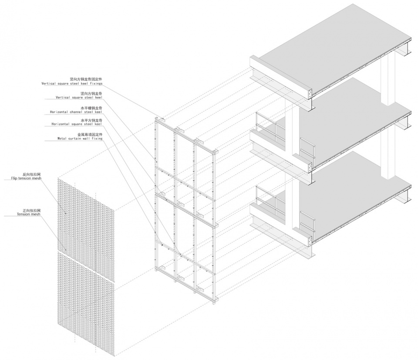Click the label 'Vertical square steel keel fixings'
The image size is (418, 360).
[72, 84]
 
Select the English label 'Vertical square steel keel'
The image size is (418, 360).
[79, 97]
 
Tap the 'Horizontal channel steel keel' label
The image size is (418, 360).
[76, 112]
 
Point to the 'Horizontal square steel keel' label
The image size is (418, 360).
[77, 124]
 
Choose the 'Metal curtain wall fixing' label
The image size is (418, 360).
[80, 139]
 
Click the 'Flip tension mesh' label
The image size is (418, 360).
[26, 178]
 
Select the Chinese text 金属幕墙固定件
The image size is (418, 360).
[90, 135]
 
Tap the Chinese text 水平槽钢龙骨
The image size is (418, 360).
[91, 108]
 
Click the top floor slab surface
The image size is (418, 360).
[333, 45]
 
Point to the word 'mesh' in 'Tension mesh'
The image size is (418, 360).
[36, 214]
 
